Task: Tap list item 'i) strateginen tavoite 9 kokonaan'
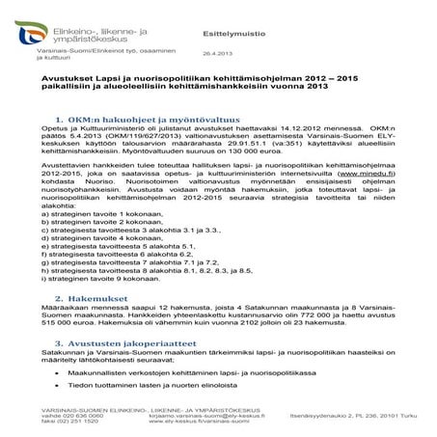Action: (97, 314)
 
